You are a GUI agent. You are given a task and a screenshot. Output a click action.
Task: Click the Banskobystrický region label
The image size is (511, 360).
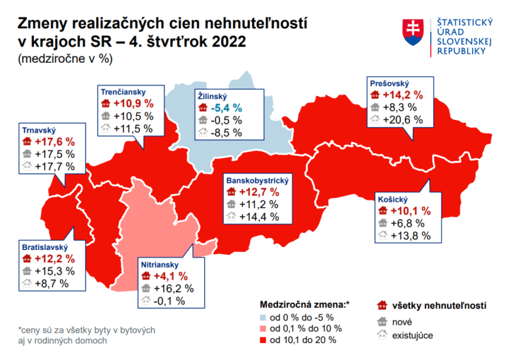click(256, 180)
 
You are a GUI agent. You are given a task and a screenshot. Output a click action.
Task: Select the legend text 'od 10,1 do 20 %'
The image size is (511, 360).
click(302, 340)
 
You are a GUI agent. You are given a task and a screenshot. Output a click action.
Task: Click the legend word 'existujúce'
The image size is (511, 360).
click(412, 335)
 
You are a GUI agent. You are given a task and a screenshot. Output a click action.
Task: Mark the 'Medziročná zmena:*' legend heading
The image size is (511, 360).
click(304, 304)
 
